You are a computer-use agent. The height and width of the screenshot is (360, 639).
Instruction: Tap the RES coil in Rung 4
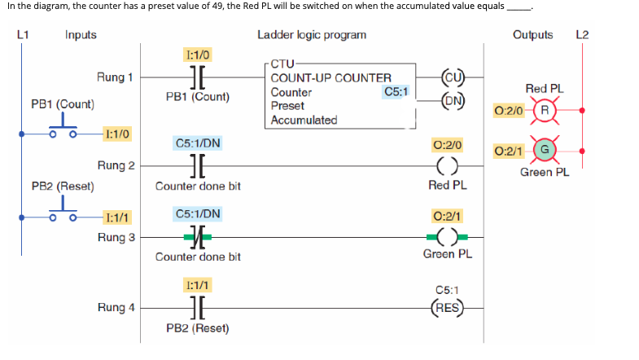click(x=448, y=307)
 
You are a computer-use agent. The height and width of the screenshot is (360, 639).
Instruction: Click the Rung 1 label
click(x=115, y=77)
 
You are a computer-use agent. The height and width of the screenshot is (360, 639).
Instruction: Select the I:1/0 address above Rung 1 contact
click(x=198, y=55)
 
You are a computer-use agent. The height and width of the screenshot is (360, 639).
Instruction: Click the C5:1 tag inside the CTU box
click(x=396, y=92)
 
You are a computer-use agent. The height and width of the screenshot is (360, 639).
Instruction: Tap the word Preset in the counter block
click(x=287, y=106)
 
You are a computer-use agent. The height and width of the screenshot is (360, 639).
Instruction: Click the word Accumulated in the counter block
click(x=304, y=120)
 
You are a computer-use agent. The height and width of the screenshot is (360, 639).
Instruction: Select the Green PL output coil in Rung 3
click(x=448, y=237)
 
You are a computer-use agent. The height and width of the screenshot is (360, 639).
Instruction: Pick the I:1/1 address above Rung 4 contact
click(x=198, y=286)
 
